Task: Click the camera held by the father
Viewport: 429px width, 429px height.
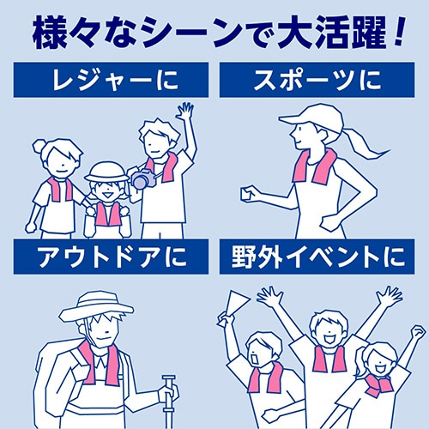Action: click(143, 178)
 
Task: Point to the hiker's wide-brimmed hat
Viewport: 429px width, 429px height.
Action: click(96, 306)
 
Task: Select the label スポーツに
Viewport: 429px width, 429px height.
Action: click(317, 80)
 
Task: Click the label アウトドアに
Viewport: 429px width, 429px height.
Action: click(112, 257)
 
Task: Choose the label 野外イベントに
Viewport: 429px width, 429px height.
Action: click(317, 257)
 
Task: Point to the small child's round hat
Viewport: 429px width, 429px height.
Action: click(106, 172)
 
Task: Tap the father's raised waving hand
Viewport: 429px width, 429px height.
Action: click(184, 111)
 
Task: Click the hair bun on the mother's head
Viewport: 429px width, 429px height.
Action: click(40, 145)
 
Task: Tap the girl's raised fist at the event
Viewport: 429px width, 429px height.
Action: click(418, 332)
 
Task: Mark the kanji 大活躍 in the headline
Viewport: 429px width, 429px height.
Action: click(331, 33)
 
